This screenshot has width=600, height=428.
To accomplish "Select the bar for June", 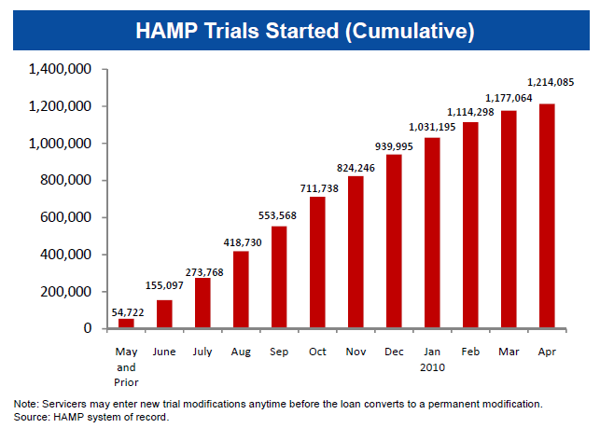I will pyautogui.click(x=164, y=314).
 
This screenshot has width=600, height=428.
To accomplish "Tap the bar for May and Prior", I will pyautogui.click(x=126, y=324).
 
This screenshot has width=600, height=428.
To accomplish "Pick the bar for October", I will pyautogui.click(x=317, y=263).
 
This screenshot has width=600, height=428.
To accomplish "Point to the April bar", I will pyautogui.click(x=546, y=216).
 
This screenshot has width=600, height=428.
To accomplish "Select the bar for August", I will pyautogui.click(x=241, y=290).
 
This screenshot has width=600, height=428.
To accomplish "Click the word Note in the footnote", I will pyautogui.click(x=25, y=403).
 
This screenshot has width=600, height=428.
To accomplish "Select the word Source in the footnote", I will pyautogui.click(x=32, y=416).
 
